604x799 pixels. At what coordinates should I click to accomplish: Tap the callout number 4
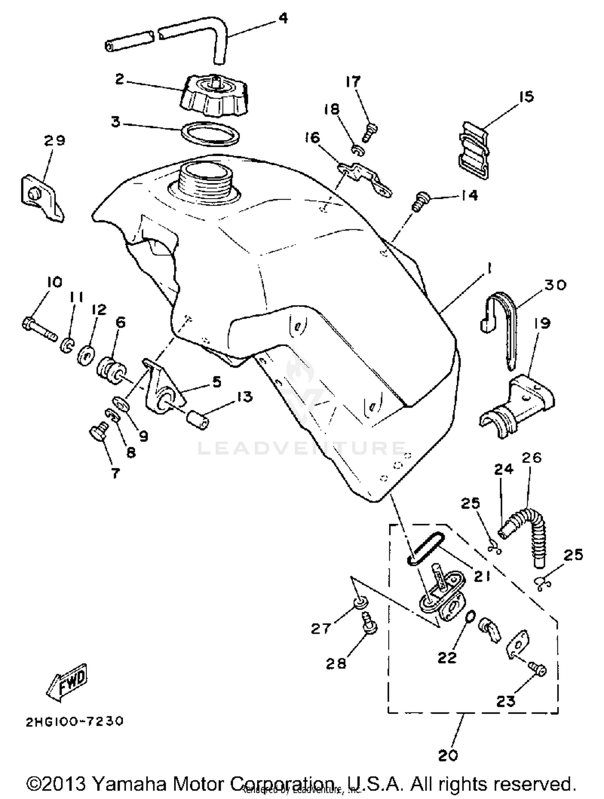(x=283, y=18)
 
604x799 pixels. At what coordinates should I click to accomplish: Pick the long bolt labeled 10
(x=39, y=329)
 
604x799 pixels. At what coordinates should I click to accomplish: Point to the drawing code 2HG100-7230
(x=74, y=721)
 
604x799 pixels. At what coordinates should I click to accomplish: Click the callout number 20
(x=448, y=755)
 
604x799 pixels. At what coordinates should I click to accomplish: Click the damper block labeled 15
(x=474, y=151)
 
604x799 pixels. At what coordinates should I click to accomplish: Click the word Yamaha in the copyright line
(x=130, y=783)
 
